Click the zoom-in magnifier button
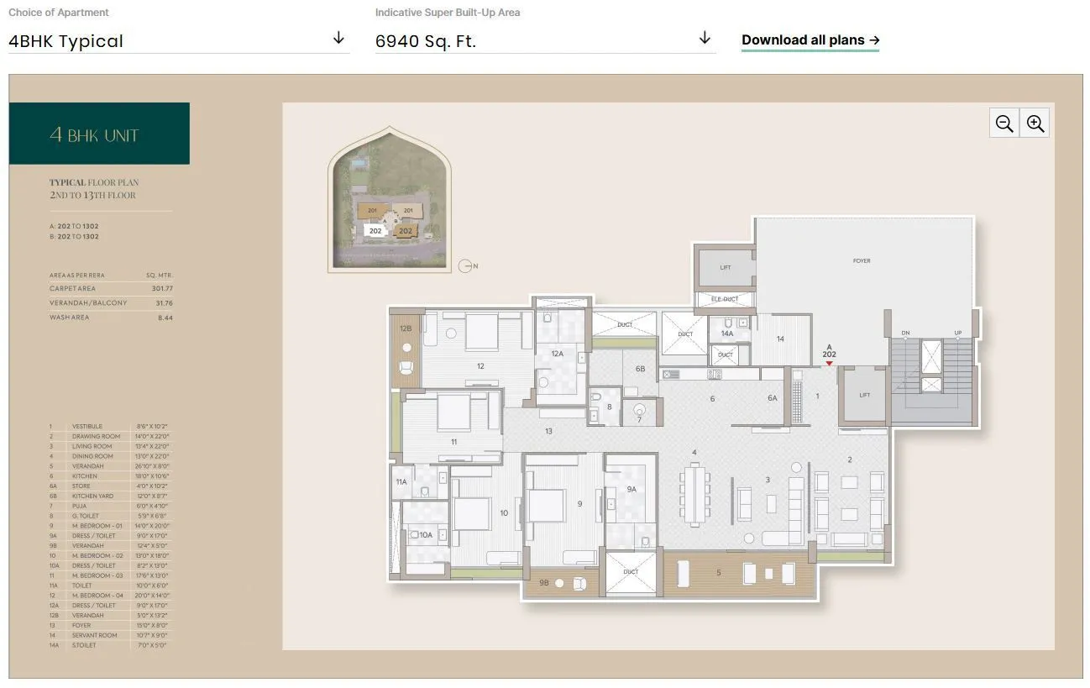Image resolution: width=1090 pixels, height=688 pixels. [x=1035, y=123]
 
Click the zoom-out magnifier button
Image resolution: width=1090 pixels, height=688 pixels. [x=1004, y=123]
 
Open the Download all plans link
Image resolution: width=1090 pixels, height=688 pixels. [x=810, y=40]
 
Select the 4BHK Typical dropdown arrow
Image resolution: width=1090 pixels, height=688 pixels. [x=338, y=39]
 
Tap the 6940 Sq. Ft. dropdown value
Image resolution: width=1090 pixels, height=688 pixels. [x=426, y=41]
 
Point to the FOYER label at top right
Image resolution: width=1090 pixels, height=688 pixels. [x=862, y=261]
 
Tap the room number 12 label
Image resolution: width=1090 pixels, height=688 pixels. [x=480, y=366]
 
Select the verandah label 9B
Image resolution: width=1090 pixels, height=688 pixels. [x=543, y=581]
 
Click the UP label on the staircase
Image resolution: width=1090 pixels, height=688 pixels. [x=957, y=333]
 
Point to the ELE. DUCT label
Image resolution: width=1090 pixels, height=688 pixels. [x=725, y=299]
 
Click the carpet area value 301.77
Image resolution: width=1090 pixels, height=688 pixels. [x=162, y=289]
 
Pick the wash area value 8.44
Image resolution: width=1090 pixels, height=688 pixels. [x=165, y=318]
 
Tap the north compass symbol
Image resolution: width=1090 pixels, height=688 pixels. [x=467, y=266]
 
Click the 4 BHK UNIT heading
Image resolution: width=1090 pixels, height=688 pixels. [x=94, y=135]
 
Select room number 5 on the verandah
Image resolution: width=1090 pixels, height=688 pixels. [x=718, y=573]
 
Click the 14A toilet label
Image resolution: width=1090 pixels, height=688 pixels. [x=727, y=333]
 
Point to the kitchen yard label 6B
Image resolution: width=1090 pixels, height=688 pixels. [x=640, y=369]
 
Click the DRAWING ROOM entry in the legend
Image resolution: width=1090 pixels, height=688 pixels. [x=97, y=437]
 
